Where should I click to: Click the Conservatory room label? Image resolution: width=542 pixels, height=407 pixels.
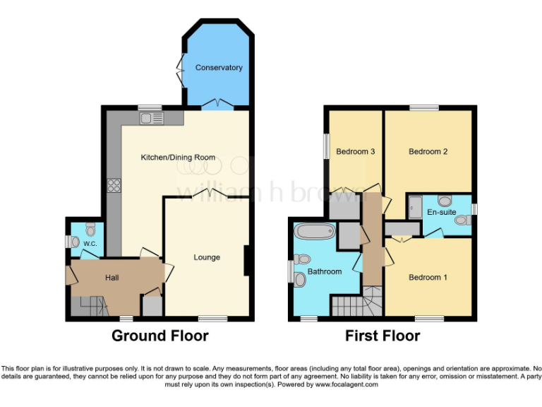click(219, 68)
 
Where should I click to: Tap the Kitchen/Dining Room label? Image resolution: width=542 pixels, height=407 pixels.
click(178, 157)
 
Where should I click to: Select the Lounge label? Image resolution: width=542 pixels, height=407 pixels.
click(207, 257)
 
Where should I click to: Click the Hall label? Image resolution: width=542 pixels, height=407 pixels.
click(112, 278)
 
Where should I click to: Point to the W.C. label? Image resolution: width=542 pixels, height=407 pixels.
click(90, 244)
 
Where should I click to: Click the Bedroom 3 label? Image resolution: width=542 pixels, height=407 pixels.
click(355, 151)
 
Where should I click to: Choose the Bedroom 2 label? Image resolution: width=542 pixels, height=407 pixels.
click(428, 151)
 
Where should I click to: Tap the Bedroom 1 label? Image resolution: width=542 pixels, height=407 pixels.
click(428, 277)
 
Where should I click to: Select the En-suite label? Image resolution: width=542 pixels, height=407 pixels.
click(442, 211)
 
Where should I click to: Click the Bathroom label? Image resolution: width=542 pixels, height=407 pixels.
click(325, 271)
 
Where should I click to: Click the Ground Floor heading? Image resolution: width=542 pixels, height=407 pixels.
click(159, 336)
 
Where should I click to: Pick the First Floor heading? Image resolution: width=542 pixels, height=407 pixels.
click(383, 336)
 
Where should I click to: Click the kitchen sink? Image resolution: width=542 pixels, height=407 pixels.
click(152, 118)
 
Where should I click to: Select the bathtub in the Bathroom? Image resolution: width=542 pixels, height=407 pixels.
click(317, 231)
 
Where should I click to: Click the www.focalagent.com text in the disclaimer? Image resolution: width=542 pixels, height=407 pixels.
click(346, 385)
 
